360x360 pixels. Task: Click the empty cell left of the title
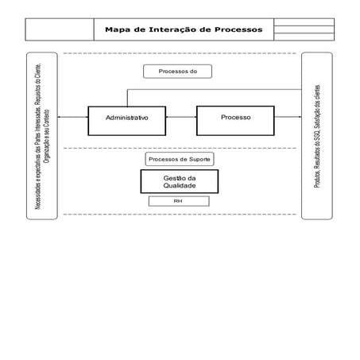click(60, 29)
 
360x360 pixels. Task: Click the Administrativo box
click(127, 118)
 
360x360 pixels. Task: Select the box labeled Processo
click(235, 117)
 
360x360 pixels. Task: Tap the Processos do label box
click(177, 72)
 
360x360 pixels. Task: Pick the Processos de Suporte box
click(180, 159)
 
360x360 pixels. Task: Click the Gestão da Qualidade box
click(180, 182)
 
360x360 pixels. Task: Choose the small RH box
click(179, 201)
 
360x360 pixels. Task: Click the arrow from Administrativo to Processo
click(182, 118)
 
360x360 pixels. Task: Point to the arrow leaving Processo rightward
click(288, 118)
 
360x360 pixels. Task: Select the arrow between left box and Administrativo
click(72, 118)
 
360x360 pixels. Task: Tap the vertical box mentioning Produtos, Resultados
click(316, 135)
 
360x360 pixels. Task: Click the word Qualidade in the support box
click(180, 186)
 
